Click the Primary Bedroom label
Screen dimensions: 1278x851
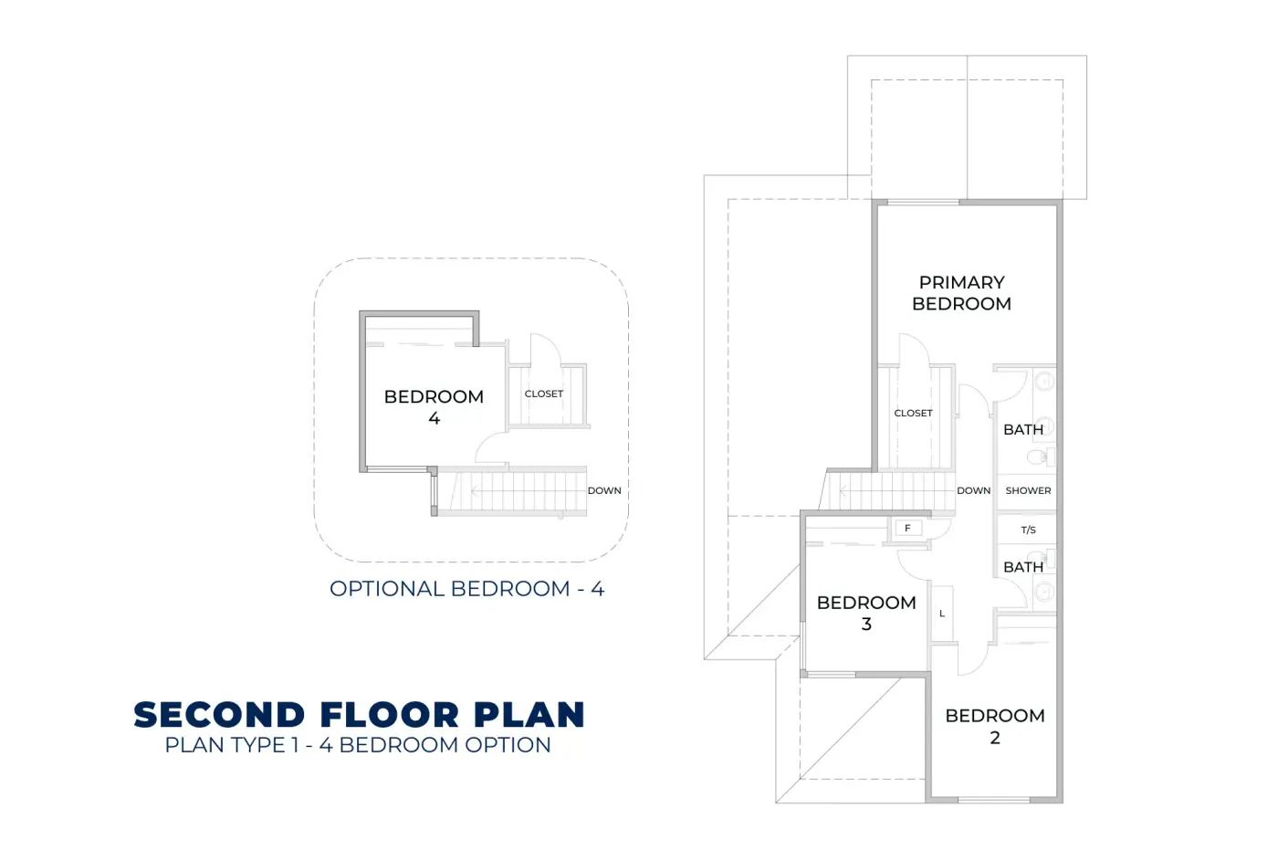coord(961,293)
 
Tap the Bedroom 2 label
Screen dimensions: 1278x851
coord(994,726)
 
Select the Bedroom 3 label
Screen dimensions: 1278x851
coord(866,613)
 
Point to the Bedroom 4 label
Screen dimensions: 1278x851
coord(434,407)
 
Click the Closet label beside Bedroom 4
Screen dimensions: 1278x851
coord(544,394)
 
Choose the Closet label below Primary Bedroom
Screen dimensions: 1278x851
coord(913,413)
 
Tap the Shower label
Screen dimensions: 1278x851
coord(1028,490)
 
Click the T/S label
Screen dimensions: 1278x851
coord(1028,530)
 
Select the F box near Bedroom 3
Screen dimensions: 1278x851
coord(907,528)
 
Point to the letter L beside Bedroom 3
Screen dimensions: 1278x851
coord(942,614)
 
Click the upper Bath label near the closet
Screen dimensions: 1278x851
coord(1023,429)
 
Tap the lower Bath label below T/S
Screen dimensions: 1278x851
coord(1023,567)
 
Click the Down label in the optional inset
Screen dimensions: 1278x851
coord(604,490)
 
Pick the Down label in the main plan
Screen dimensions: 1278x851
coord(973,490)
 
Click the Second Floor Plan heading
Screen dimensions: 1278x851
coord(360,715)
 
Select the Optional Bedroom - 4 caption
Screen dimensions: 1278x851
coord(466,588)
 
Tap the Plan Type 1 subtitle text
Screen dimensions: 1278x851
coord(358,745)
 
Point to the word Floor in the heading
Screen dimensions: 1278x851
coord(389,715)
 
